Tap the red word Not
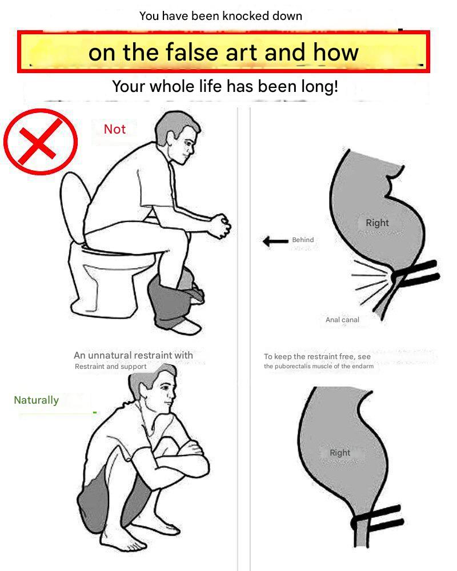pyautogui.click(x=115, y=129)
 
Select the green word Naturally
pyautogui.click(x=36, y=400)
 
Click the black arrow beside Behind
pyautogui.click(x=275, y=241)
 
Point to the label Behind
pyautogui.click(x=303, y=240)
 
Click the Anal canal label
pyautogui.click(x=342, y=320)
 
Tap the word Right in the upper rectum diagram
pyautogui.click(x=377, y=223)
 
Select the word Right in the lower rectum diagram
pyautogui.click(x=340, y=453)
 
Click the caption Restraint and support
pyautogui.click(x=110, y=367)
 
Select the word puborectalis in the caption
pyautogui.click(x=294, y=367)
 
